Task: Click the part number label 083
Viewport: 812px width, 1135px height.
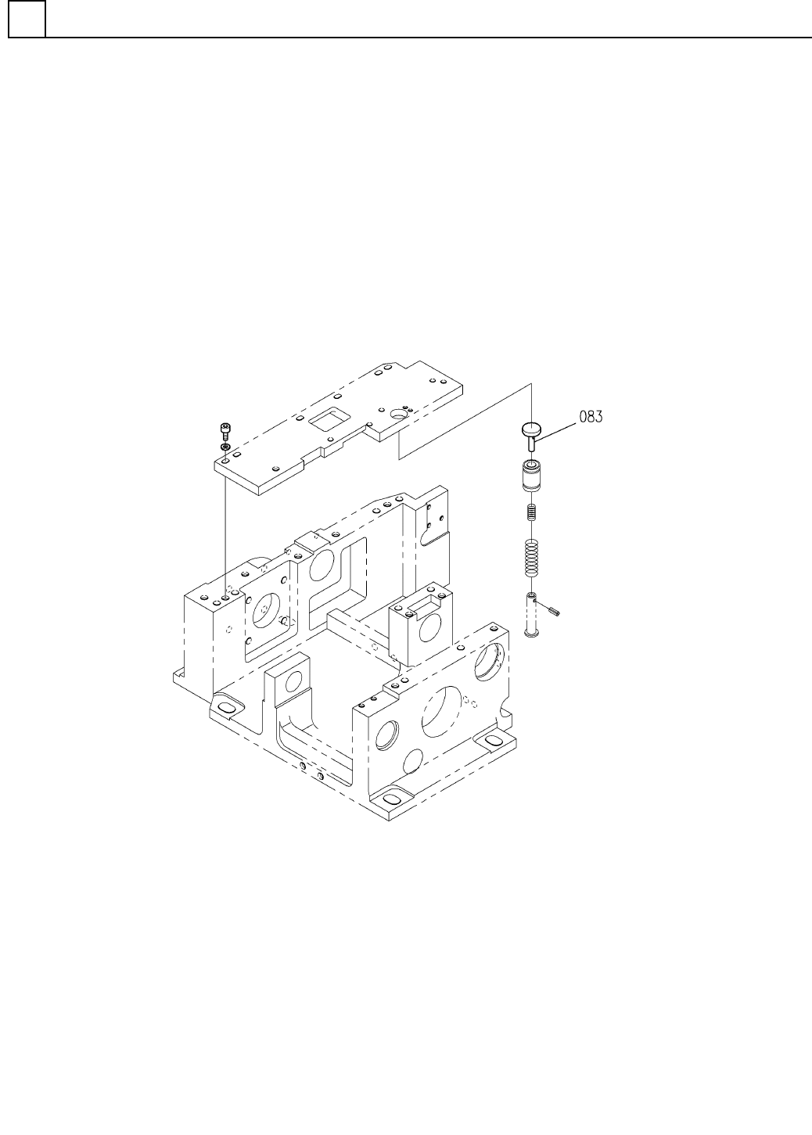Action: [591, 417]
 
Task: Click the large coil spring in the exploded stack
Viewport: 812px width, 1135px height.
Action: [531, 558]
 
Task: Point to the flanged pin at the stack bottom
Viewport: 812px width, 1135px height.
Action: [531, 614]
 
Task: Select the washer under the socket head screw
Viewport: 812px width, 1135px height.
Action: [225, 447]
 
